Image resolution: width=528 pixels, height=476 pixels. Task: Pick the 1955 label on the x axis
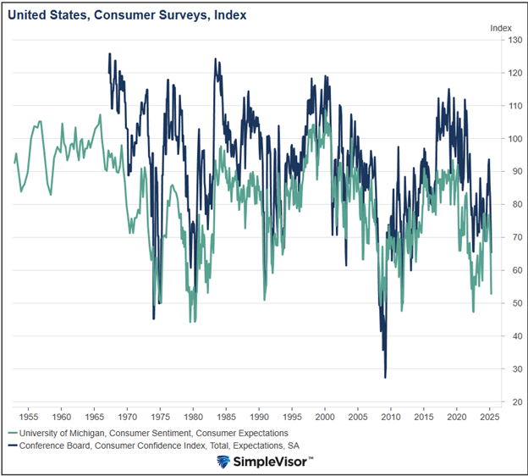click(x=29, y=417)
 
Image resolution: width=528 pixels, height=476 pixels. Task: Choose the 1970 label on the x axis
click(x=127, y=417)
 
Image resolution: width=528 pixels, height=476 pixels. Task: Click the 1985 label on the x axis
click(x=226, y=417)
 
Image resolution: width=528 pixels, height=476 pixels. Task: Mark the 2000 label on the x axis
click(x=325, y=417)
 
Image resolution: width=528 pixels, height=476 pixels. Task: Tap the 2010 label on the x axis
click(x=391, y=417)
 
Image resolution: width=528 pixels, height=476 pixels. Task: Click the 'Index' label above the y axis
click(x=501, y=28)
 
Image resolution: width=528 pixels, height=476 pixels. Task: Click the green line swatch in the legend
click(x=14, y=433)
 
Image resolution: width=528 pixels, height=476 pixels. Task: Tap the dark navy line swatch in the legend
click(x=14, y=446)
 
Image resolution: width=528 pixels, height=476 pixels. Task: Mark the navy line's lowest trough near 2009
click(x=385, y=377)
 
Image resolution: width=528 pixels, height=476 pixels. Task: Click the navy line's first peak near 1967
click(x=109, y=53)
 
